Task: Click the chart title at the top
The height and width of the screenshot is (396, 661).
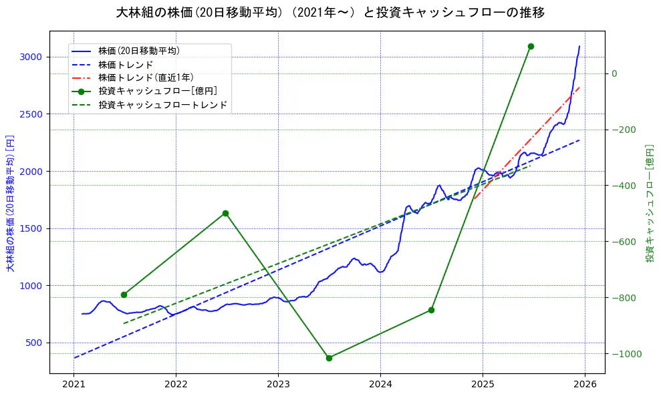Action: [330, 13]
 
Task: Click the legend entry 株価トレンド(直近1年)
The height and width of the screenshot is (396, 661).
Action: [146, 77]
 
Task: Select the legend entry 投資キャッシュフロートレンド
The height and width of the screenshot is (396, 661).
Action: [162, 105]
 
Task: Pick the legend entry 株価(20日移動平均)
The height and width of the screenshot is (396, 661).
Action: [138, 50]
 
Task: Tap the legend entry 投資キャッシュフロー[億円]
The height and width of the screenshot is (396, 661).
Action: [157, 91]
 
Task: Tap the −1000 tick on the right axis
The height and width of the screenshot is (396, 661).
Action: [624, 353]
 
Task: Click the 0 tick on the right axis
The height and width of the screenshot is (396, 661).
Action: [614, 73]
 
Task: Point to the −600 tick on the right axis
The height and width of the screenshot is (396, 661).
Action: [622, 241]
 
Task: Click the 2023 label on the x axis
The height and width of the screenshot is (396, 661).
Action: [278, 385]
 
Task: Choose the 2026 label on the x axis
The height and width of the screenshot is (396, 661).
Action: [585, 385]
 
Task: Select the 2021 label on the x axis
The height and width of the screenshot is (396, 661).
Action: [74, 385]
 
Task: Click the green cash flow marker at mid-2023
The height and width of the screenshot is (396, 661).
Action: [329, 358]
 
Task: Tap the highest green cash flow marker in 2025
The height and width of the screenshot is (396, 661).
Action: [531, 46]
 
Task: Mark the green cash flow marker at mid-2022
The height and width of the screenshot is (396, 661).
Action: [225, 213]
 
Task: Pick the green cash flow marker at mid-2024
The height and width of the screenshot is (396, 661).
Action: [431, 310]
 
